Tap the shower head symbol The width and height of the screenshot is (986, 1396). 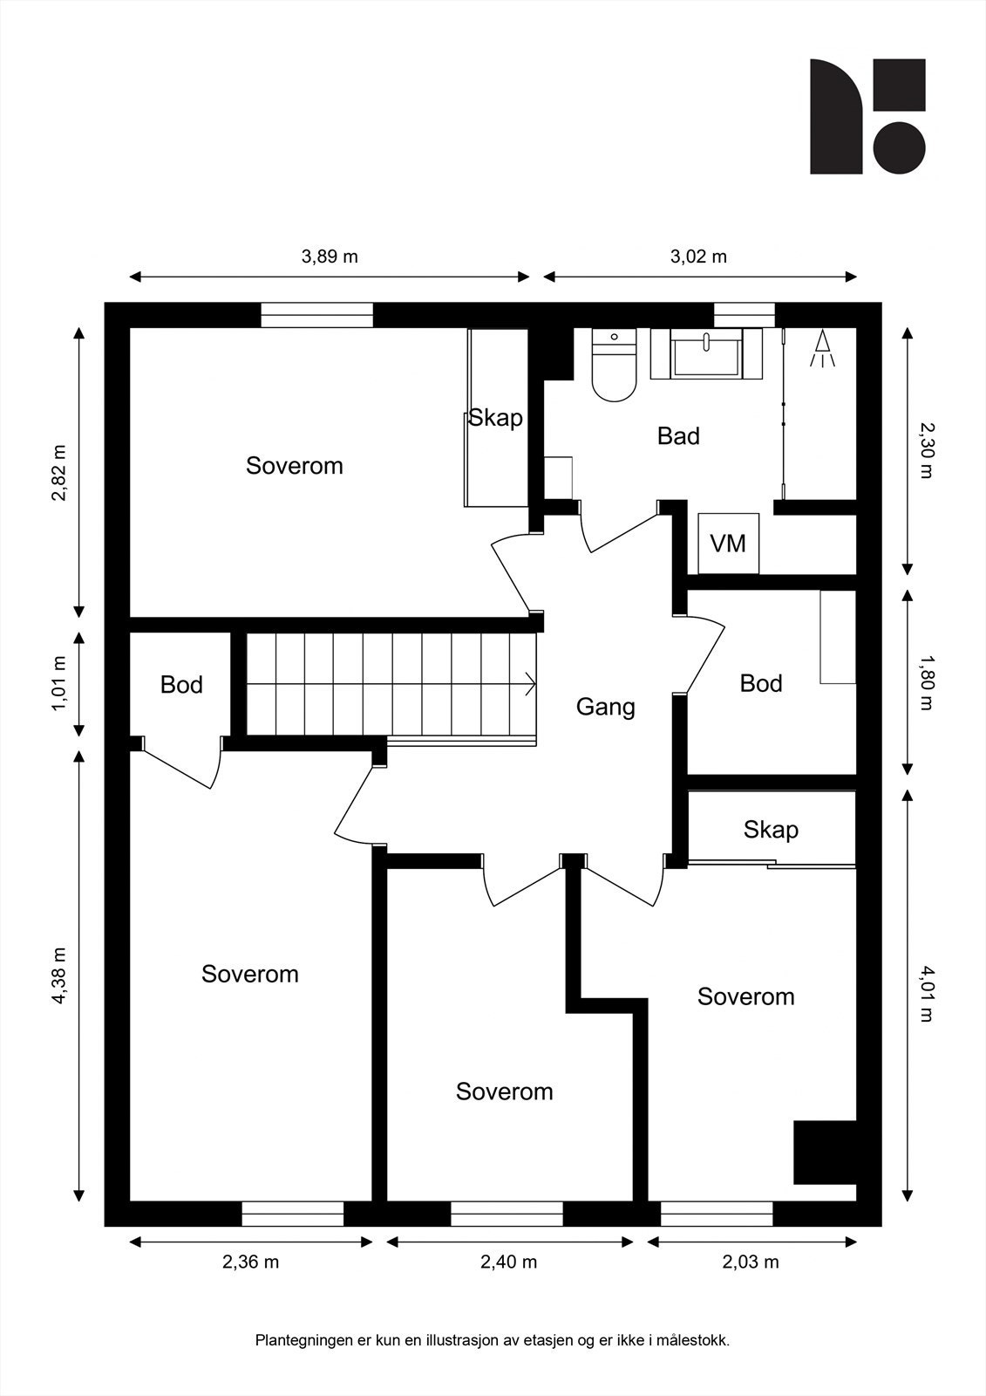tap(823, 348)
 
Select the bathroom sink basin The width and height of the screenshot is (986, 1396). tap(706, 353)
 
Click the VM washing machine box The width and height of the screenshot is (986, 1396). tap(728, 543)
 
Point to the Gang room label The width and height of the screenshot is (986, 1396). tap(605, 707)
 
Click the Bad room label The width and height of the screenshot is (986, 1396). tap(678, 435)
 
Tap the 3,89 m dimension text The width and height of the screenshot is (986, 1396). tap(330, 257)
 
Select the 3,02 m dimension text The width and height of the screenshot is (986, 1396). tap(698, 257)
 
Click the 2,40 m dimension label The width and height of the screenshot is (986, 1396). tap(508, 1262)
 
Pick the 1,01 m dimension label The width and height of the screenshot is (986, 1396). tap(59, 683)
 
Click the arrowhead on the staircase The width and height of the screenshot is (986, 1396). tap(531, 684)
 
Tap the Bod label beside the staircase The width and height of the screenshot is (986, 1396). tap(181, 684)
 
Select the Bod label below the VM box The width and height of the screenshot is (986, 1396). tap(760, 683)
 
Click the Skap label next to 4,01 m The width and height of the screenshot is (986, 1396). tap(771, 830)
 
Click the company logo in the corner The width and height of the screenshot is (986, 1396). tap(867, 117)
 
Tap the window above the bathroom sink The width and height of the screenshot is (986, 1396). tap(745, 315)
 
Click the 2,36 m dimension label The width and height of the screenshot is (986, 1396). tap(250, 1262)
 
